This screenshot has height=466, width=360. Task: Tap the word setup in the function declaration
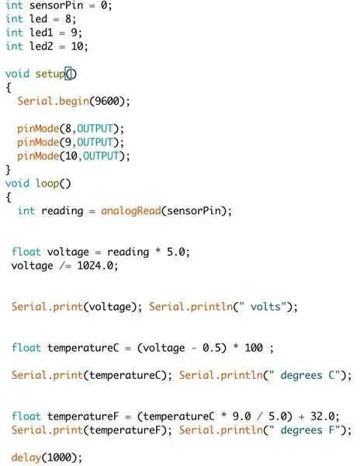[x=50, y=74]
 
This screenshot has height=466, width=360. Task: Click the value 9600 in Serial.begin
[x=106, y=101]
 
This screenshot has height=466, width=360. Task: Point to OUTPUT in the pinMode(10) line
[x=101, y=156]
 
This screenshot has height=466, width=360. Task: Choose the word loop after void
[x=47, y=183]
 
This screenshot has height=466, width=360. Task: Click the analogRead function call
[x=131, y=210]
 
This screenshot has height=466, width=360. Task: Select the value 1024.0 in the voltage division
[x=95, y=266]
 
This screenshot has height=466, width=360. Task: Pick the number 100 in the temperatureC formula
[x=254, y=347]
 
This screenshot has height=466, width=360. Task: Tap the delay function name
[x=26, y=457]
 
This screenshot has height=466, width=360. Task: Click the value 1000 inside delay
[x=59, y=457]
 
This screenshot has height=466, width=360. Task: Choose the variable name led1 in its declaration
[x=41, y=33]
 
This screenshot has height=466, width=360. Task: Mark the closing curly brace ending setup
[x=9, y=169]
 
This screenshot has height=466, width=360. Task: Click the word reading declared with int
[x=62, y=211]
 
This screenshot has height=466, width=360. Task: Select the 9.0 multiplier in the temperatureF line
[x=241, y=416]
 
